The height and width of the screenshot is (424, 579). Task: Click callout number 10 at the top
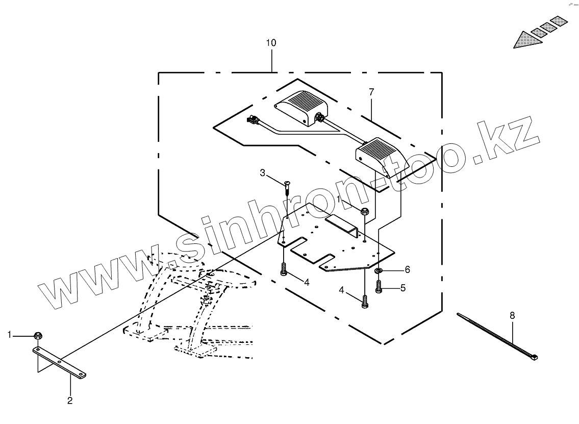(x=271, y=43)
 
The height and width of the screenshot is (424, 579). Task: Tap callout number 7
(x=371, y=92)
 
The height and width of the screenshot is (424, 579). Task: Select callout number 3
(x=263, y=173)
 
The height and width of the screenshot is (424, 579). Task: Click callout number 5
(x=403, y=288)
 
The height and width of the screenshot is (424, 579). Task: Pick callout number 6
(x=407, y=269)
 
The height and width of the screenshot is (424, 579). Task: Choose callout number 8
(x=512, y=315)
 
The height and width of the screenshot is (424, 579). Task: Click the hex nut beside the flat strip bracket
(x=37, y=335)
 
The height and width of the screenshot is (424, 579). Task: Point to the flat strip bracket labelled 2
(x=60, y=362)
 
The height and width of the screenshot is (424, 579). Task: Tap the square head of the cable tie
(x=534, y=357)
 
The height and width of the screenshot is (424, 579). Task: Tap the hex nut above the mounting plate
(x=365, y=211)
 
